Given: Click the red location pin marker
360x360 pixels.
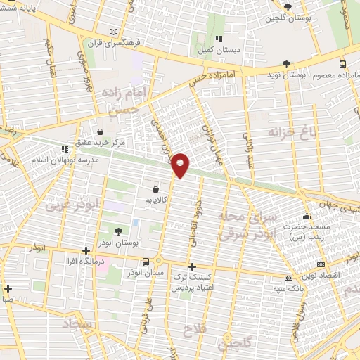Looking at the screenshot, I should tap(181, 165).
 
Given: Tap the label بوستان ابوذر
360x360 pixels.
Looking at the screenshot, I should tap(117, 243).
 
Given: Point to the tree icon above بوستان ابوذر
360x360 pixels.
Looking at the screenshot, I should tap(117, 231).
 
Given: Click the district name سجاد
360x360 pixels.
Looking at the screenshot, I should tap(78, 324).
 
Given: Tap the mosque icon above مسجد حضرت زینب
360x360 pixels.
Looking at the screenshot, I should tap(307, 217).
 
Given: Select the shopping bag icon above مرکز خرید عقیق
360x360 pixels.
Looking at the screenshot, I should tap(101, 131).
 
